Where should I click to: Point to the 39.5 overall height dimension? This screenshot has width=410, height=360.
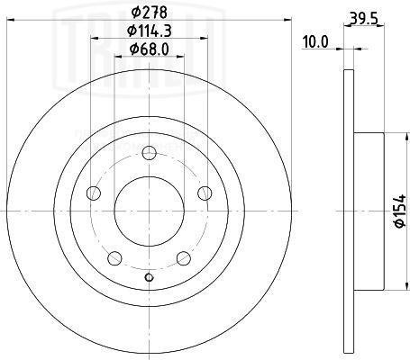click(364, 16)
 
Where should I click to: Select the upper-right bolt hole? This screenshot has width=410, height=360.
click(205, 191)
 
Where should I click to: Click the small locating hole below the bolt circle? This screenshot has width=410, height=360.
click(150, 276)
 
